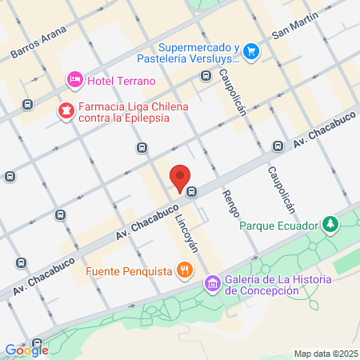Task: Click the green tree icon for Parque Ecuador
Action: click(x=328, y=222)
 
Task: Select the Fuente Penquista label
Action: click(x=130, y=270)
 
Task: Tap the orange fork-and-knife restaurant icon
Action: click(x=186, y=270)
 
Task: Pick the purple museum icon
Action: click(x=212, y=283)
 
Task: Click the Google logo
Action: click(x=26, y=350)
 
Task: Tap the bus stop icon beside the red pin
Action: click(x=192, y=190)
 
